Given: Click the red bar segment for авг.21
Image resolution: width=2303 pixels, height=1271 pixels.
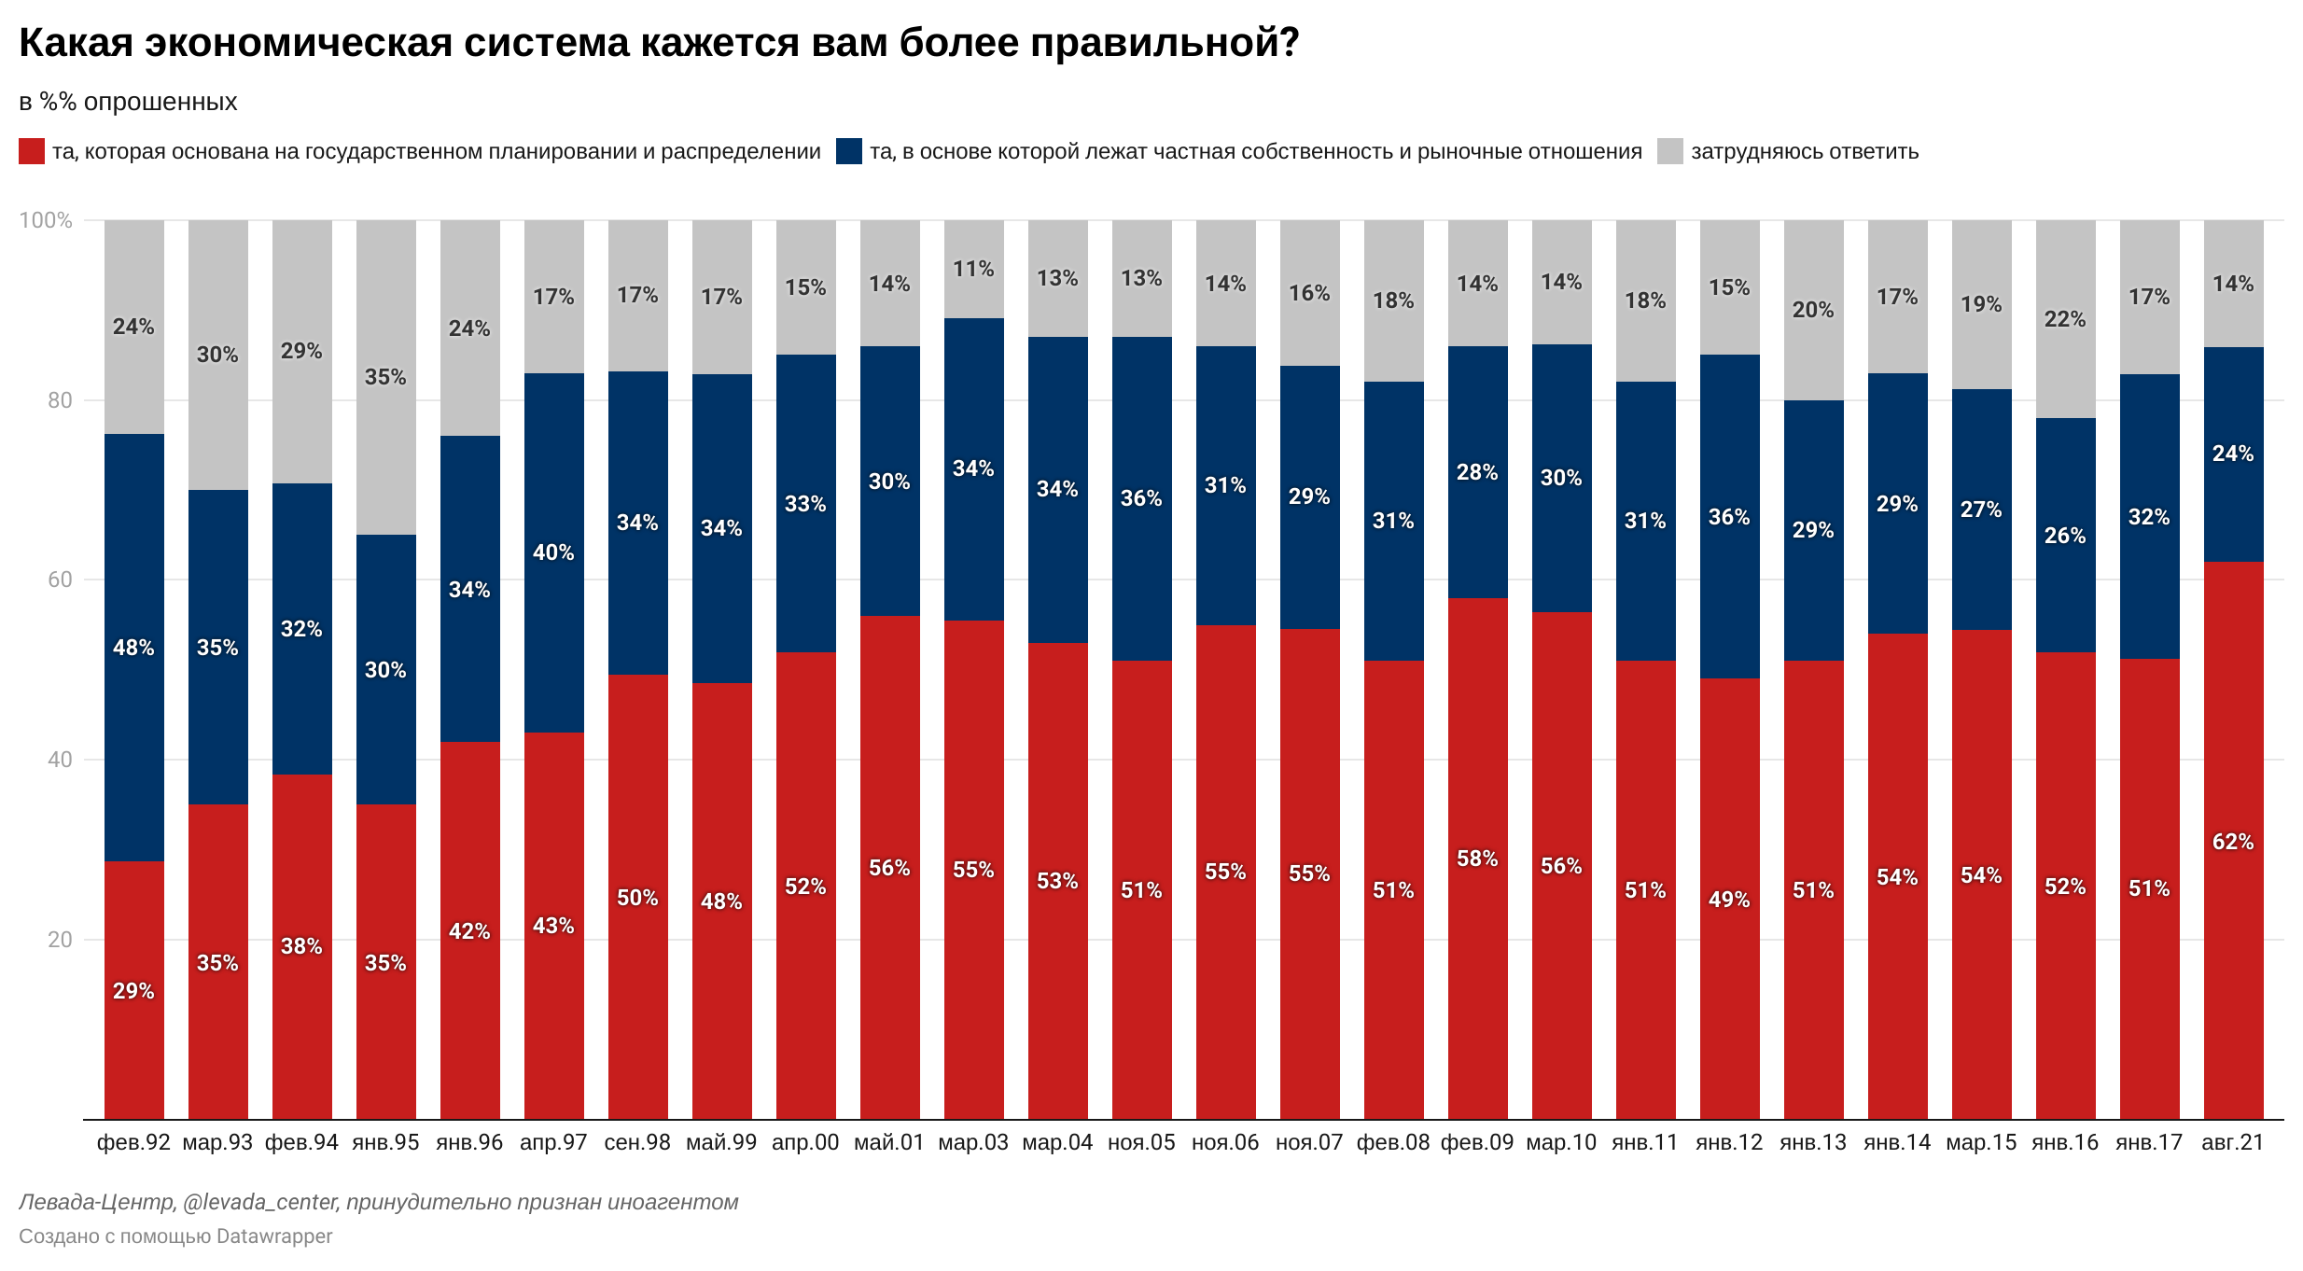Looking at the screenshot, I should (2233, 840).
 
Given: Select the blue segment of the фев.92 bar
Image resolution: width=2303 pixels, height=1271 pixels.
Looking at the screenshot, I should (134, 648).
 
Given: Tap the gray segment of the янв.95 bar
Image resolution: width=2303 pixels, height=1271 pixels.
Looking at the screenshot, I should (385, 377).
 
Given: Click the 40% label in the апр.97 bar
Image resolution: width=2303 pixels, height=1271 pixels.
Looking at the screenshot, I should (553, 552).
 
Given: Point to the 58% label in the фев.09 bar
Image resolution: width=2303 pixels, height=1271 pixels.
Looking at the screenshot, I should (1477, 859).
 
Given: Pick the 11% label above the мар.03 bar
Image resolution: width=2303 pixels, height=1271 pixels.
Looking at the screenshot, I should (973, 269).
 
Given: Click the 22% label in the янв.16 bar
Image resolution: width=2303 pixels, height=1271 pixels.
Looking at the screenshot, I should (2065, 319).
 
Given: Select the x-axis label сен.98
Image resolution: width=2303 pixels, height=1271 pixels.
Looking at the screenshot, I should (637, 1142).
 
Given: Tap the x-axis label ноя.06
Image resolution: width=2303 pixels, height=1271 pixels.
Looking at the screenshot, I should (1225, 1142).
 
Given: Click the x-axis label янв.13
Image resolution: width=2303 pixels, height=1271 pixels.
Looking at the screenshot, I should (1813, 1142).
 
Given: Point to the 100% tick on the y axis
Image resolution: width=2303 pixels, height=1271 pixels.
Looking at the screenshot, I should (46, 220).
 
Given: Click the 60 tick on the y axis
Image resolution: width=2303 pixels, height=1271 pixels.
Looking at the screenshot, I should (59, 580).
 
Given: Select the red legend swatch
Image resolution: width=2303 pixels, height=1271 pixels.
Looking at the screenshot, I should (32, 151).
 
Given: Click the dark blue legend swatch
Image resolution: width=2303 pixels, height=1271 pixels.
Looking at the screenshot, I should (849, 151).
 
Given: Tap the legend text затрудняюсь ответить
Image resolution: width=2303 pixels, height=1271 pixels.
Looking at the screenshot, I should (1804, 151).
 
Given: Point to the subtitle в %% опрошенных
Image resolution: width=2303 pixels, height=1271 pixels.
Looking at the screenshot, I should (128, 102).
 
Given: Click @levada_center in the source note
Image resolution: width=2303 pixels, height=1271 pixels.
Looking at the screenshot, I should (260, 1202).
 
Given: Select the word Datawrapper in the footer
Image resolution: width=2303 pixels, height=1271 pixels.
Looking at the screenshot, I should (274, 1236).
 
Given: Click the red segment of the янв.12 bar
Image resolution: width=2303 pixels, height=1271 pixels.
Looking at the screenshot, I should (1729, 899).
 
